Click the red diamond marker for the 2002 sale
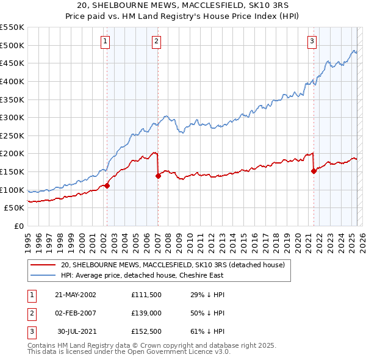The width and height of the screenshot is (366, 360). click(x=107, y=185)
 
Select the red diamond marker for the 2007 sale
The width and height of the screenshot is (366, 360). click(x=157, y=176)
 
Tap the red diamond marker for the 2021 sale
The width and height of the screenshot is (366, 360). click(x=314, y=171)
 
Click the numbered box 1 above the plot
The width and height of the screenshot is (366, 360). click(x=106, y=41)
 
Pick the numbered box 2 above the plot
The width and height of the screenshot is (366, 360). click(x=157, y=41)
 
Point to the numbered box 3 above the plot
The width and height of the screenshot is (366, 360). click(x=312, y=41)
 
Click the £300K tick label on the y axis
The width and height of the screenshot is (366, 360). click(x=12, y=117)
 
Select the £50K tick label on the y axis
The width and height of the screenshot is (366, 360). click(x=14, y=208)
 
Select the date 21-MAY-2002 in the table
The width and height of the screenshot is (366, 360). click(x=76, y=294)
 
